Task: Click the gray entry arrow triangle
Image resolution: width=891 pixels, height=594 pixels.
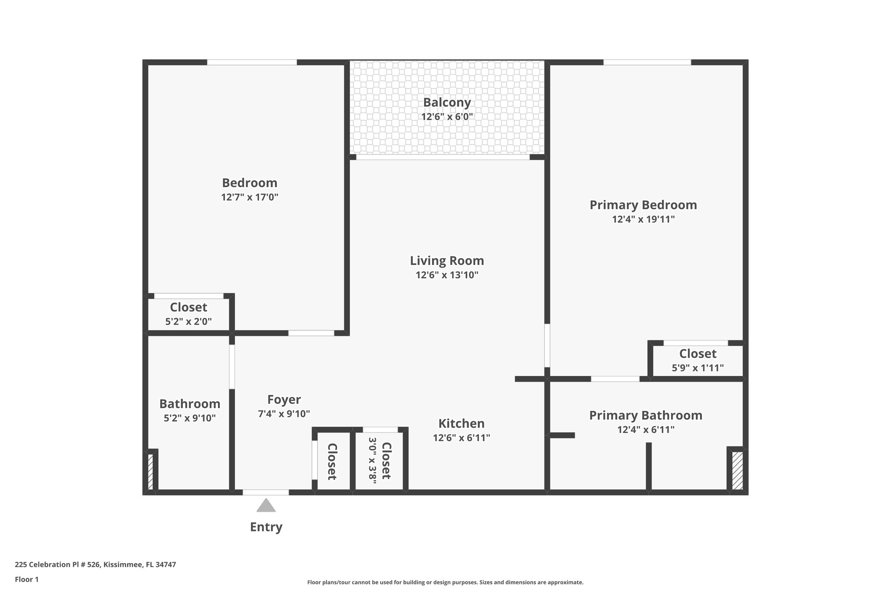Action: (x=266, y=506)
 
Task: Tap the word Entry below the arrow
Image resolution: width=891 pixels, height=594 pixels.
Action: (x=266, y=527)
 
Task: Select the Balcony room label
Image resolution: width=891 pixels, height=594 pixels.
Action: (x=447, y=103)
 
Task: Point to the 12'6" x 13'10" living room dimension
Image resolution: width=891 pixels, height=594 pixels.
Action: (x=447, y=275)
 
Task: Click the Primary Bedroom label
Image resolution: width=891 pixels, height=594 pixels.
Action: (x=643, y=205)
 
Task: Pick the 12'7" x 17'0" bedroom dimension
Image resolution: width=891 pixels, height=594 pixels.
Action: (x=249, y=197)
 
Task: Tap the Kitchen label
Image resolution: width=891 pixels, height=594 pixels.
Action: (x=461, y=423)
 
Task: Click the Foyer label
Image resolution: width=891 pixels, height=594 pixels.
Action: (x=284, y=399)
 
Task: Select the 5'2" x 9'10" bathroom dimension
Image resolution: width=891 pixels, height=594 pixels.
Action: (x=190, y=418)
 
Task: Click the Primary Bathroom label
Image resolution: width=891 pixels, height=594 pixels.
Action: (x=646, y=415)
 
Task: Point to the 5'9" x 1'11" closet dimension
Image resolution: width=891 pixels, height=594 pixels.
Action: (x=698, y=368)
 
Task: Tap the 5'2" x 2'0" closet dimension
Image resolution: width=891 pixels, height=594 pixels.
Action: (x=188, y=322)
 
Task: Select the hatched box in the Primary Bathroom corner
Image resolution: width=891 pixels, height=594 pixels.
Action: (x=737, y=471)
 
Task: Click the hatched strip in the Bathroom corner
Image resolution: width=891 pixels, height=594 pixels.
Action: (x=151, y=472)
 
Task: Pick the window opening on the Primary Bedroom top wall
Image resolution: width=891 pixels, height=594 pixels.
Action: (x=647, y=62)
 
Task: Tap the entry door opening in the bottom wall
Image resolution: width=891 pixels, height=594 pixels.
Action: (x=265, y=493)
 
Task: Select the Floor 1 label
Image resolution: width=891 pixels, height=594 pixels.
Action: (x=27, y=579)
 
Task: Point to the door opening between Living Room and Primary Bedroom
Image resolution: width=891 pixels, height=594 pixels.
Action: (x=547, y=346)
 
